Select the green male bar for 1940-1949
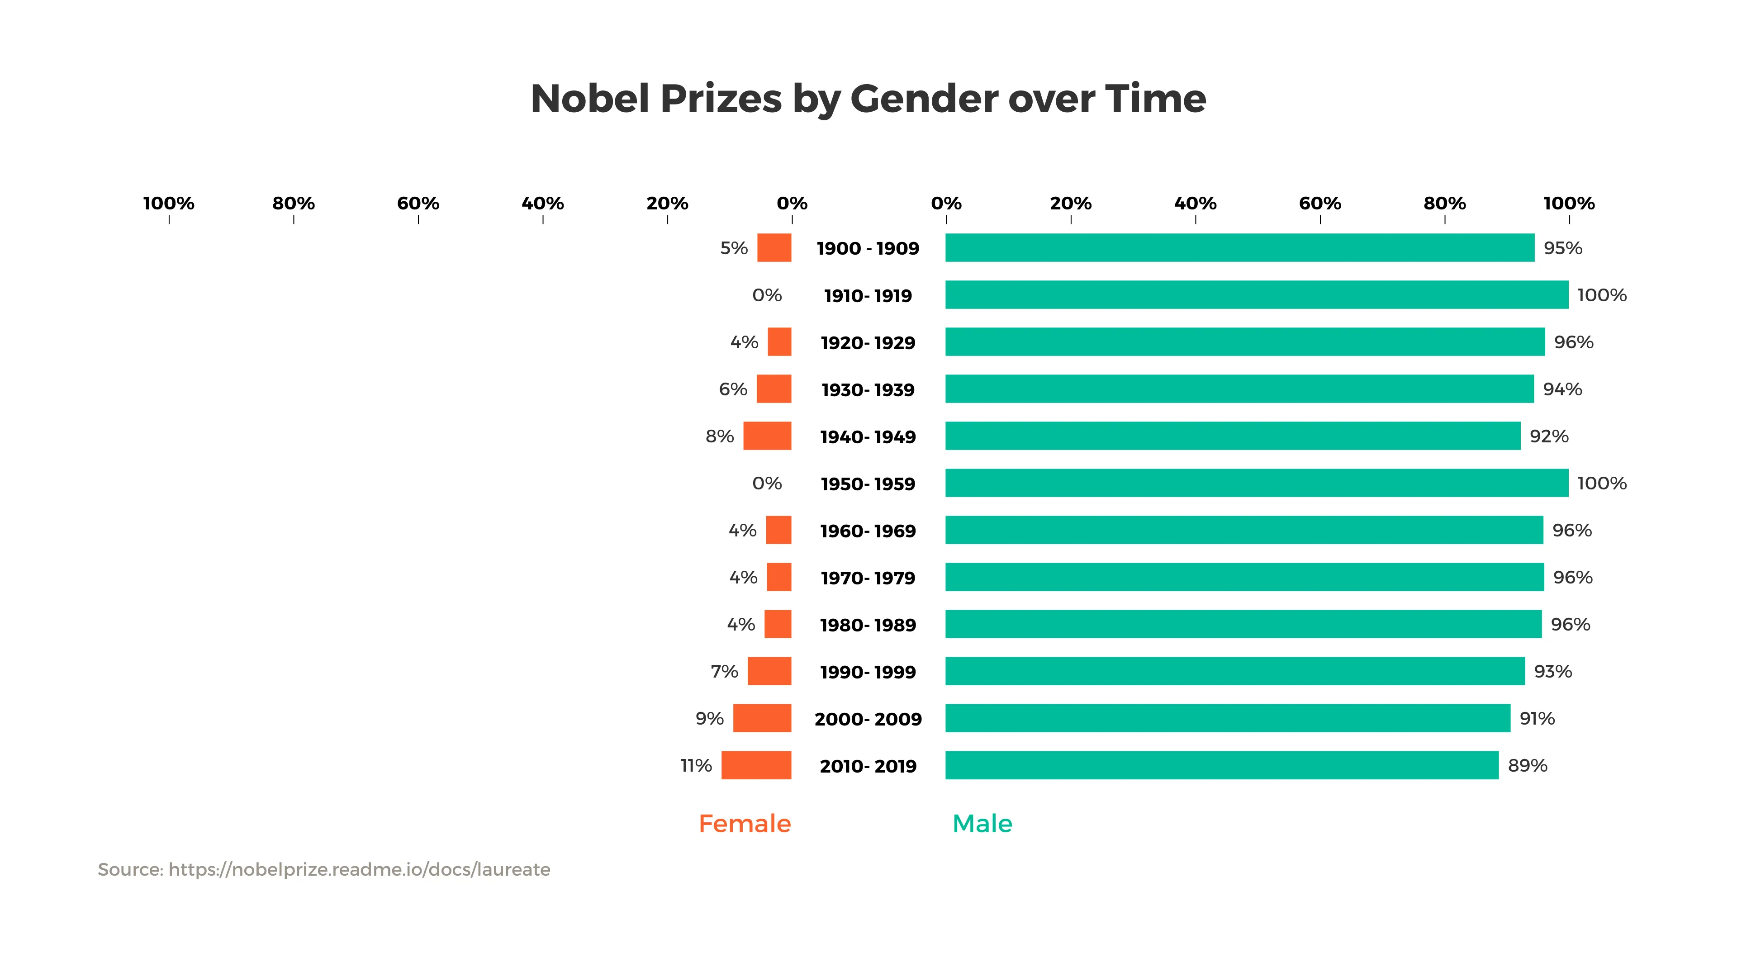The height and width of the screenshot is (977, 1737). pyautogui.click(x=1233, y=436)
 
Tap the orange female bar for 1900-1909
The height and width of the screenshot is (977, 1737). pyautogui.click(x=774, y=247)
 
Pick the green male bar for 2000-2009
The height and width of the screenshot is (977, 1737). pyautogui.click(x=1227, y=718)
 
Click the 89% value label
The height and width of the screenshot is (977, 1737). pyautogui.click(x=1527, y=765)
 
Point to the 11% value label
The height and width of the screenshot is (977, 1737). pyautogui.click(x=696, y=765)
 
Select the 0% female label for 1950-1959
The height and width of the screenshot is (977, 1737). pyautogui.click(x=767, y=484)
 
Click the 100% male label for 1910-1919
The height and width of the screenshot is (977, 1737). pyautogui.click(x=1601, y=295)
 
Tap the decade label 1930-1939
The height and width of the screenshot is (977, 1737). pyautogui.click(x=868, y=390)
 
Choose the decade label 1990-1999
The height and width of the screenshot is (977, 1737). pyautogui.click(x=868, y=672)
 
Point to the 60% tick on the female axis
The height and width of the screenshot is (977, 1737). pyautogui.click(x=418, y=204)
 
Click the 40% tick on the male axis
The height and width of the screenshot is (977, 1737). pyautogui.click(x=1195, y=204)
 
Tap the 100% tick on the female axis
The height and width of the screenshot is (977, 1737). pyautogui.click(x=169, y=204)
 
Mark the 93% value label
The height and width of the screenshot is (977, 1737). pyautogui.click(x=1553, y=672)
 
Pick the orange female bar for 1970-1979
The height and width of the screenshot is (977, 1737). pyautogui.click(x=779, y=577)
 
